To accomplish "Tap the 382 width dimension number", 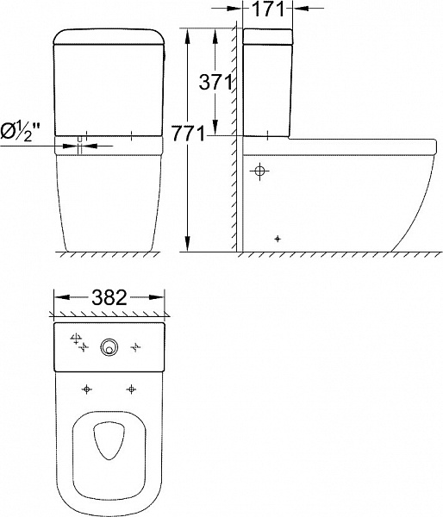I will tap(109, 298).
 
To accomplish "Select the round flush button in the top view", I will tap(108, 346).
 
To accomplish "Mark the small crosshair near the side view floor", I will tap(277, 238).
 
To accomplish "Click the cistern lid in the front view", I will tap(109, 35).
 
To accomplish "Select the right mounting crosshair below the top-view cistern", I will tap(131, 389).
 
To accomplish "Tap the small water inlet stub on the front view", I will tap(79, 143).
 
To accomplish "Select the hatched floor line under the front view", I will tap(108, 254).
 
